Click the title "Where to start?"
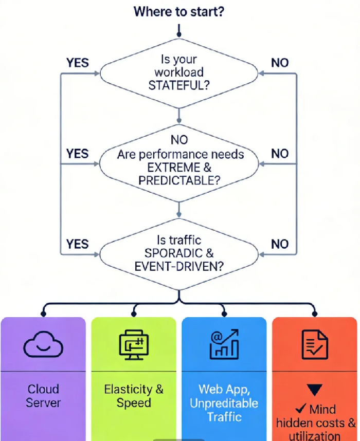pyautogui.click(x=178, y=11)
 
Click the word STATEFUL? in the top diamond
pyautogui.click(x=179, y=85)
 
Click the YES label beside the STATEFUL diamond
pyautogui.click(x=78, y=63)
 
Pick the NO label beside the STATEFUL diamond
pyautogui.click(x=280, y=63)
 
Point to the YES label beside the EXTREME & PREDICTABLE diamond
pyautogui.click(x=78, y=154)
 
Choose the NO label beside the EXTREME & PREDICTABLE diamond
pyautogui.click(x=280, y=154)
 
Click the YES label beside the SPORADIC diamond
pyautogui.click(x=78, y=244)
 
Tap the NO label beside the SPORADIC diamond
pyautogui.click(x=280, y=244)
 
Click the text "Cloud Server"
pyautogui.click(x=43, y=395)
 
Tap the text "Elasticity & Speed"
pyautogui.click(x=134, y=395)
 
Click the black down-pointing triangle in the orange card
pyautogui.click(x=314, y=390)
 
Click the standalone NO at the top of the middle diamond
pyautogui.click(x=179, y=140)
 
